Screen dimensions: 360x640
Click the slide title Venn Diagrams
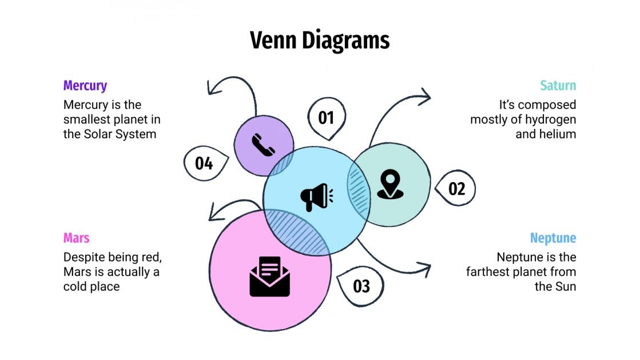pos(320,41)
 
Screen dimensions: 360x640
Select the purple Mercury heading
pos(85,86)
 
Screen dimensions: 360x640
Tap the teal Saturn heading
pos(558,86)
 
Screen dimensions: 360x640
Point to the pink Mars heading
pos(76,238)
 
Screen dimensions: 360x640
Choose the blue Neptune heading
pos(552,238)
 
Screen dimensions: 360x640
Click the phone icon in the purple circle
pos(263,145)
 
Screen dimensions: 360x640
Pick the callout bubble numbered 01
pos(326,118)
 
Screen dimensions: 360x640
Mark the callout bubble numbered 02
pos(456,188)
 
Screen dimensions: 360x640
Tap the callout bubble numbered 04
pos(204,163)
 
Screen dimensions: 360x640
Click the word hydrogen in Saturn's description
pos(549,120)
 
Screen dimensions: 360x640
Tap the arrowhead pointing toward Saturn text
pos(424,96)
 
